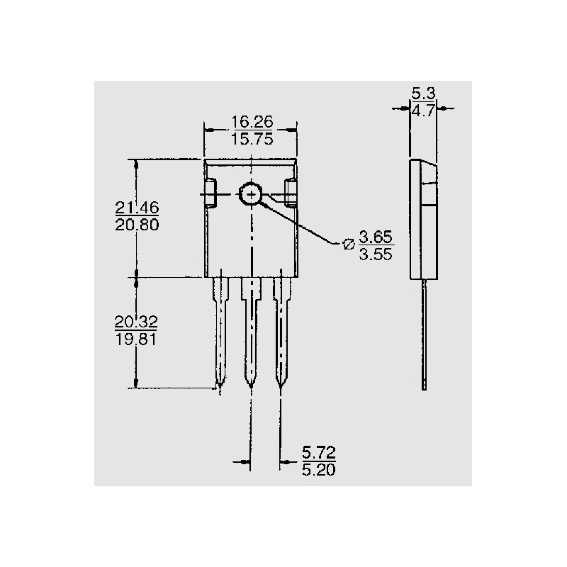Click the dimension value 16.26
point(252,122)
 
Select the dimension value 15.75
point(252,139)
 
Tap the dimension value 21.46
point(137,208)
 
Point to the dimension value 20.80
point(137,225)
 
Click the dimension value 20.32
point(136,322)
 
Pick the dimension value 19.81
point(136,339)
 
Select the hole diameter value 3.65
point(376,237)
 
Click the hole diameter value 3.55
point(376,254)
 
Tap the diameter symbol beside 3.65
point(348,245)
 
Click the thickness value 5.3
point(423,94)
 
